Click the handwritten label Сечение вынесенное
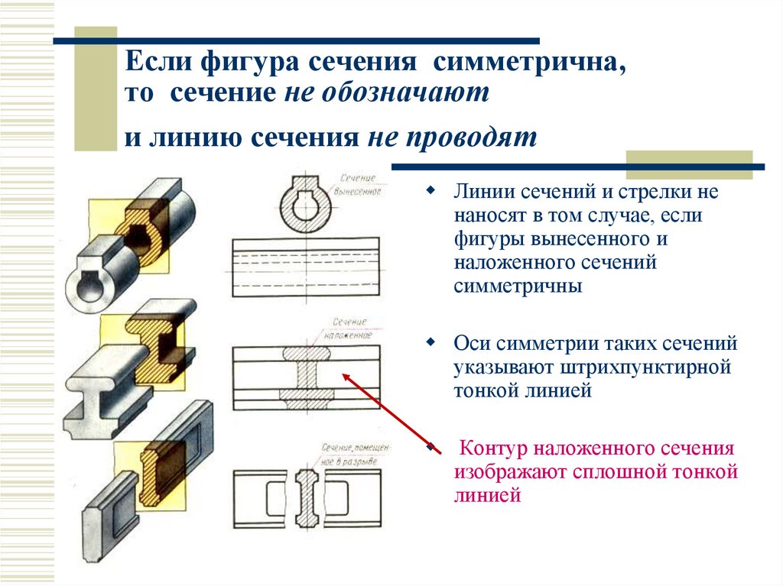pos(356,184)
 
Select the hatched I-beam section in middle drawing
pos(307,374)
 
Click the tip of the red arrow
pos(344,374)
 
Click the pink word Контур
pos(496,448)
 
